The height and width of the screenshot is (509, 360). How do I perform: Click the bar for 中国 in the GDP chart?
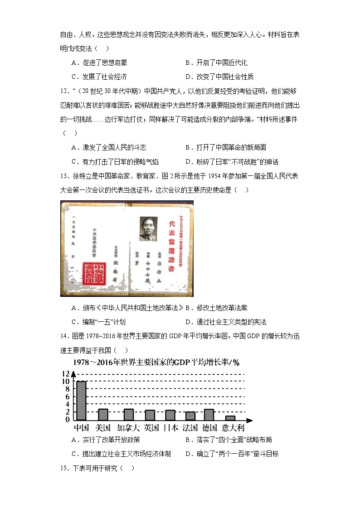point(81,401)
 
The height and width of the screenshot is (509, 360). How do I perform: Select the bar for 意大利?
point(230,418)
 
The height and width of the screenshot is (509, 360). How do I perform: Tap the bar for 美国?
point(103,414)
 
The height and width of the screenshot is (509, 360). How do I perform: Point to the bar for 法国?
point(190,416)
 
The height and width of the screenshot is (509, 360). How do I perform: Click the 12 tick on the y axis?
point(66,374)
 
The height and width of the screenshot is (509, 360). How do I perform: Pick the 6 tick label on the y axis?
point(67,397)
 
